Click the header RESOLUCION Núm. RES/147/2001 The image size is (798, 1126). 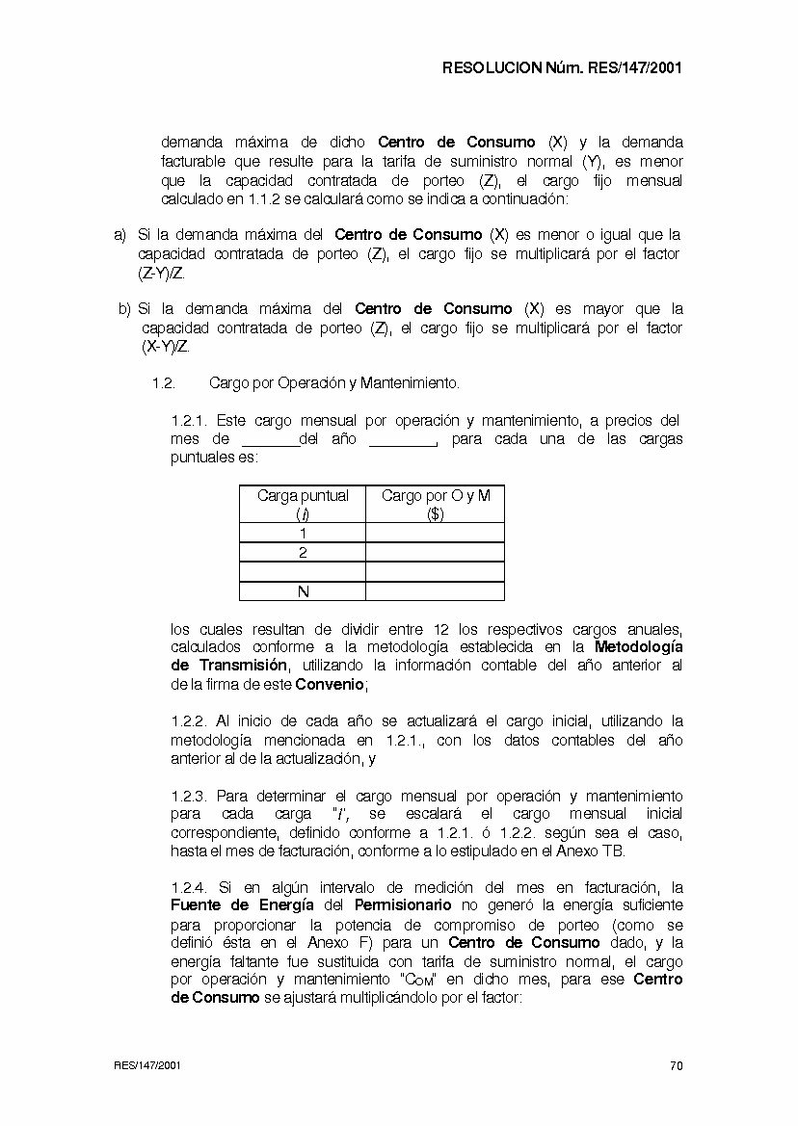coord(562,68)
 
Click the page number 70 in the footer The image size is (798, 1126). coord(676,1065)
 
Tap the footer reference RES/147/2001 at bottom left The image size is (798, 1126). coord(146,1065)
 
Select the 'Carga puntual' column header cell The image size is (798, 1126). coord(303,504)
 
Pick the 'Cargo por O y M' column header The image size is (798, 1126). coord(435,504)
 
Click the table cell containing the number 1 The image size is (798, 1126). coord(303,533)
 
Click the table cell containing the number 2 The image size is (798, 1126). coord(303,552)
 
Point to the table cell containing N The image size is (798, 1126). coord(303,590)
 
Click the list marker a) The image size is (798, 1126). coord(120,234)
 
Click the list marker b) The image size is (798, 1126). coord(124,309)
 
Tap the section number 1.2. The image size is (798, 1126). coord(163,383)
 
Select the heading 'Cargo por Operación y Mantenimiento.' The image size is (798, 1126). coord(333,383)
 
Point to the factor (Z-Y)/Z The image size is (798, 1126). coord(162,273)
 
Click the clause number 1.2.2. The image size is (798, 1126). coord(189,720)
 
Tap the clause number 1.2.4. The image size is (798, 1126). coord(189,887)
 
